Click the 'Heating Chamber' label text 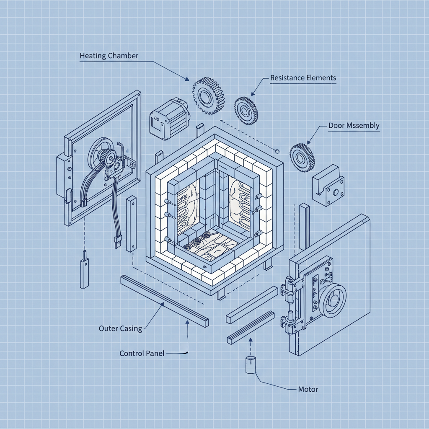point(109,56)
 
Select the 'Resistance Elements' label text point(303,78)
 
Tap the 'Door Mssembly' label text point(354,126)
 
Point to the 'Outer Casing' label point(120,328)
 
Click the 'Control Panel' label point(142,353)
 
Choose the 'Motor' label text point(308,389)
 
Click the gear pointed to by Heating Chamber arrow point(208,96)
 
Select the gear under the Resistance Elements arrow point(246,111)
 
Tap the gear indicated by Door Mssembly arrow point(302,158)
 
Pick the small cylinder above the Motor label point(250,364)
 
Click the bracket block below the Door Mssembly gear point(328,185)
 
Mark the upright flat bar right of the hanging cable point(131,224)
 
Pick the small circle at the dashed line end point(277,150)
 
